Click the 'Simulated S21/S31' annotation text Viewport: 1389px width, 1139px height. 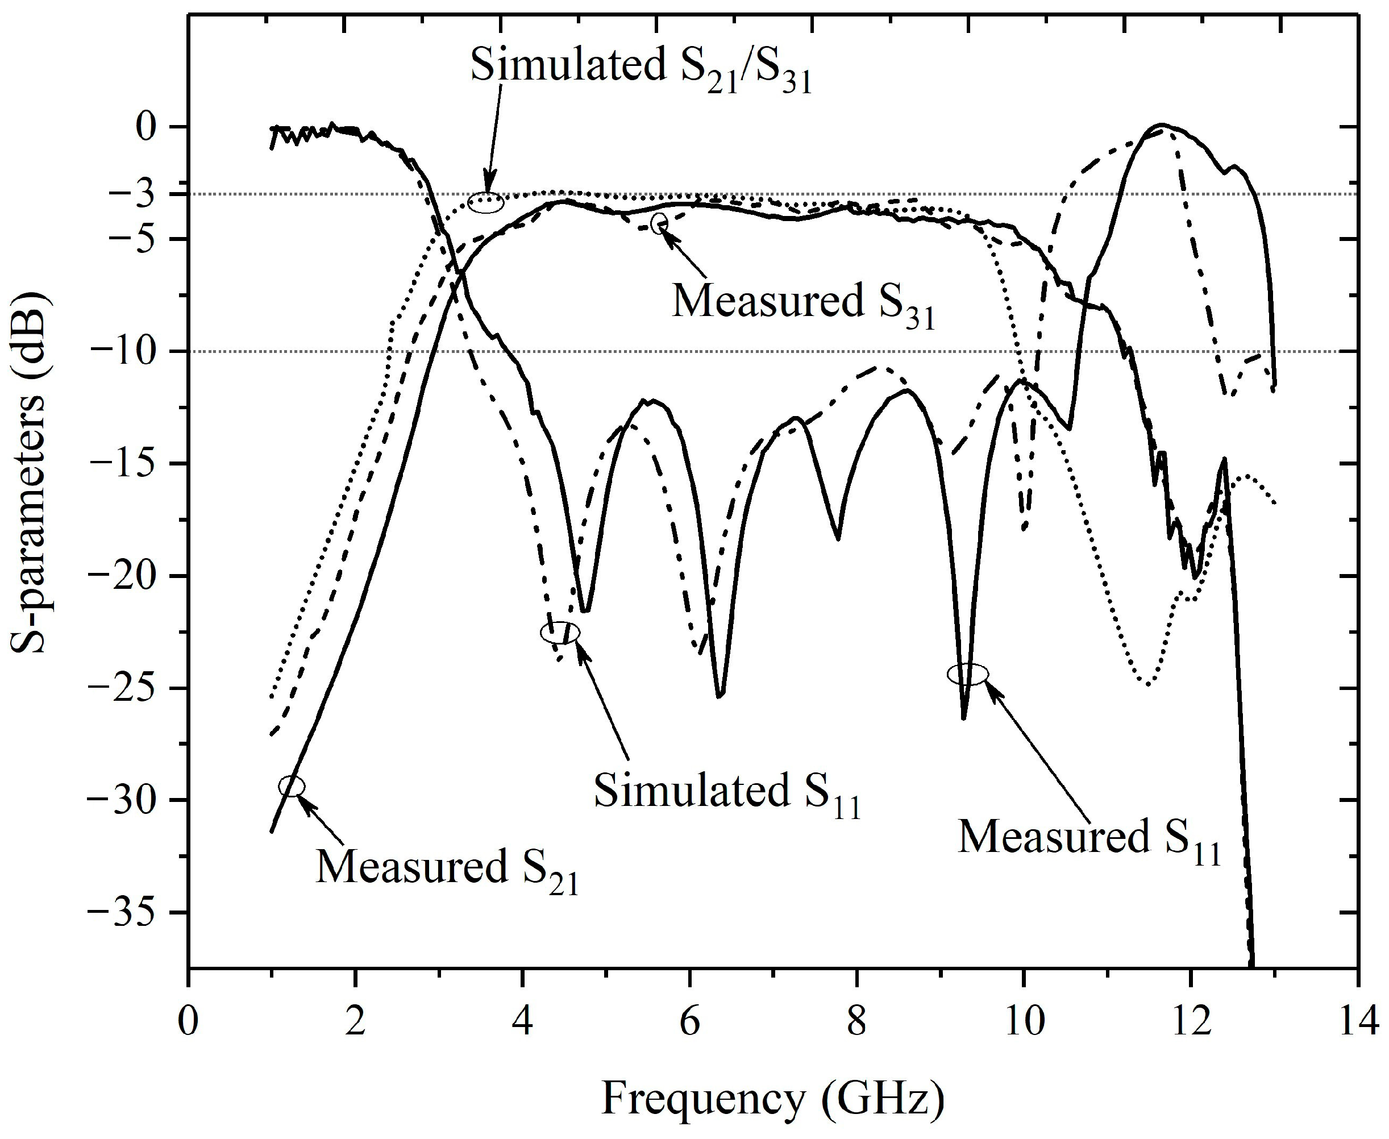click(641, 68)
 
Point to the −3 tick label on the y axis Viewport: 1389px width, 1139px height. click(148, 194)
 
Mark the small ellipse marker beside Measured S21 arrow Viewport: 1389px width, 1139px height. click(292, 786)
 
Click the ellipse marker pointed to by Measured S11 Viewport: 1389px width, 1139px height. click(968, 674)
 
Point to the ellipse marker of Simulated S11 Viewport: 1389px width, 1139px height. click(560, 633)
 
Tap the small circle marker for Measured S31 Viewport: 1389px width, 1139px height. click(659, 222)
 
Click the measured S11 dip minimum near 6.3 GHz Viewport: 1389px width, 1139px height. click(720, 696)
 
